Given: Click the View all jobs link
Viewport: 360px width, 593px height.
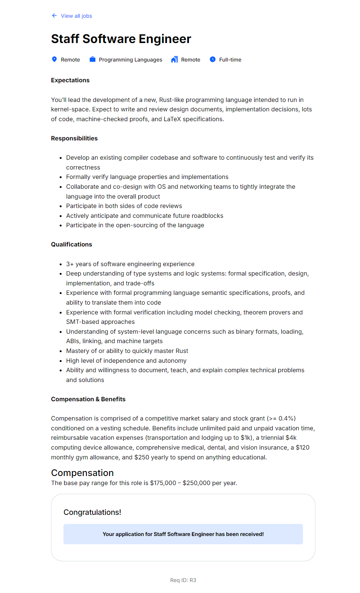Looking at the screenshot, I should tap(76, 16).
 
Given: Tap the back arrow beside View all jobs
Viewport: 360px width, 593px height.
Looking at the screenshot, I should tap(54, 15).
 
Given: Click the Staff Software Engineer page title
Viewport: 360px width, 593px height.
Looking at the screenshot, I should tap(121, 39).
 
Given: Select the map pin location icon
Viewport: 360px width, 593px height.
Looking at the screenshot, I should tap(54, 59).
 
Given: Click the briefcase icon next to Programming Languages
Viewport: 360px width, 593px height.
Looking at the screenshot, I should tap(93, 59).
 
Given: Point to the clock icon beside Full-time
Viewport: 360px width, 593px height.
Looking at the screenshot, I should tap(213, 59).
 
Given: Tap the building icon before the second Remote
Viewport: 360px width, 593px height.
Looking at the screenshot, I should tap(174, 59).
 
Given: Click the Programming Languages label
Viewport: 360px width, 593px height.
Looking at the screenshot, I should tap(130, 60).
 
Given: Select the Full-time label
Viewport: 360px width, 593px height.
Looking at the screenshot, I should tap(230, 60).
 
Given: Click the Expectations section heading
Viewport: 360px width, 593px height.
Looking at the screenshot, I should tap(70, 80).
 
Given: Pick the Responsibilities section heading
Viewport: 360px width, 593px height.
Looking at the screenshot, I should tap(74, 138).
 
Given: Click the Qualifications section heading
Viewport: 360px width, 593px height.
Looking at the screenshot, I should tap(71, 244).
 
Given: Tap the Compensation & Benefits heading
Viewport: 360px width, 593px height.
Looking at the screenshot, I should tap(88, 399).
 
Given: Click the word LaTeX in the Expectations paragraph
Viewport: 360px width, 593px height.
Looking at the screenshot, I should tap(172, 119).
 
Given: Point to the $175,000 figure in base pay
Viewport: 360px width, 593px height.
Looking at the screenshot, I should tap(163, 483).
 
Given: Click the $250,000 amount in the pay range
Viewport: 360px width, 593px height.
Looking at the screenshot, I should tap(196, 483).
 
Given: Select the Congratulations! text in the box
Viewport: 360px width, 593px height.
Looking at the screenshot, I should tap(92, 512).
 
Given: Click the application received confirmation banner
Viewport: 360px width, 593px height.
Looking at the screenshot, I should tap(183, 534).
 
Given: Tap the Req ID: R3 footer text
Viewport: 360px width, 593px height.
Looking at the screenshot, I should tap(183, 580).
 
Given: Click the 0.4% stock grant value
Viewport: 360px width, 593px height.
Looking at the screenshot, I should tap(286, 418).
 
